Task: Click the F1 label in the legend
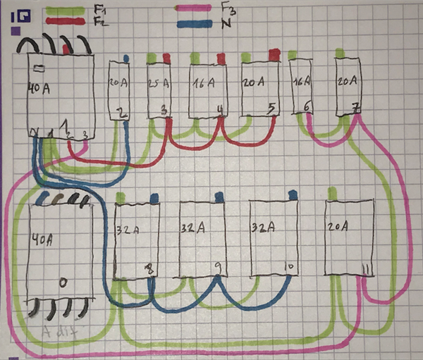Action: coord(99,10)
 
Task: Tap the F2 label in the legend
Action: coord(99,21)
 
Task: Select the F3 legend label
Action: coord(227,8)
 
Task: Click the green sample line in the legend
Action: coord(67,11)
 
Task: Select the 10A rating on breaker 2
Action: coord(117,83)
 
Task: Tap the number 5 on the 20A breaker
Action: coord(271,108)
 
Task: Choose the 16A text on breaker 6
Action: coord(302,81)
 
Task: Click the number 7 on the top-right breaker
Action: coord(355,107)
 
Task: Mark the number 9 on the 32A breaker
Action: coord(218,266)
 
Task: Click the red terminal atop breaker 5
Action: coord(274,54)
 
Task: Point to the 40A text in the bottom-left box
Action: coord(42,240)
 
